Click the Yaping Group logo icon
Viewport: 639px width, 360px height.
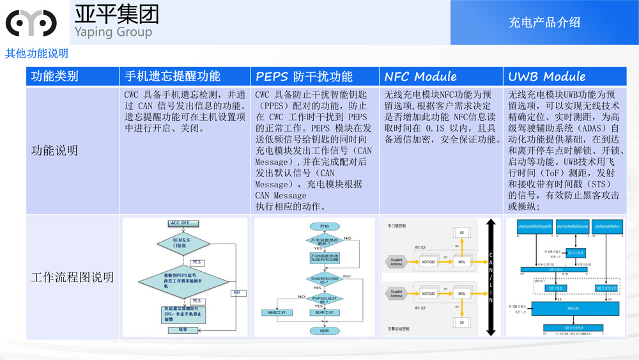tap(31, 23)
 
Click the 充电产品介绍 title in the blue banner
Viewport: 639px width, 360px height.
tap(544, 22)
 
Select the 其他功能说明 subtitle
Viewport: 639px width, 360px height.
tap(36, 53)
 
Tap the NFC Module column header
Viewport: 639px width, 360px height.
tap(420, 77)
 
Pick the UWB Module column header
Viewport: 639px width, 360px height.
tap(546, 77)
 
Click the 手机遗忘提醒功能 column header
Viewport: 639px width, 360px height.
tap(172, 77)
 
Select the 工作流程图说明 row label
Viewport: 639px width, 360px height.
tap(72, 277)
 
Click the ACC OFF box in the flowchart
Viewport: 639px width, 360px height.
tap(180, 223)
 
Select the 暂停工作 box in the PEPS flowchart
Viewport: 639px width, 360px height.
tap(324, 313)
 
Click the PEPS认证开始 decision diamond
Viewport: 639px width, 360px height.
tap(324, 298)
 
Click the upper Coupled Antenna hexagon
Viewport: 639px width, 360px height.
tap(396, 261)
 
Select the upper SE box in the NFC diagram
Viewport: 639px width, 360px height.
tap(461, 232)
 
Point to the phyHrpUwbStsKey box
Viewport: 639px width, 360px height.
tap(608, 227)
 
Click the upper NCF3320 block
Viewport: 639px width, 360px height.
tap(427, 261)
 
